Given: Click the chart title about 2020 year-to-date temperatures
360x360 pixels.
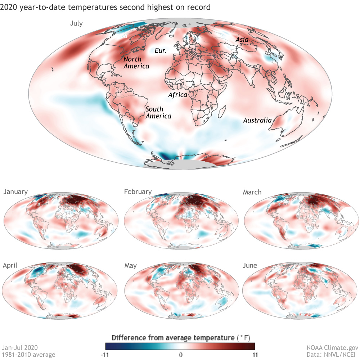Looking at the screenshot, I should [x=105, y=7].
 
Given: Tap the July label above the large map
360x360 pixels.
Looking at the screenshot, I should [x=76, y=24].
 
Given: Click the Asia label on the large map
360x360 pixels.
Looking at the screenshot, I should [x=242, y=40].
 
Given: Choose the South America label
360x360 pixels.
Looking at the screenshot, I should [x=158, y=112].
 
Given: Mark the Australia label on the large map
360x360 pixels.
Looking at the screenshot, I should [x=257, y=120].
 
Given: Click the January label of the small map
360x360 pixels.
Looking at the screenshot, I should [x=15, y=192].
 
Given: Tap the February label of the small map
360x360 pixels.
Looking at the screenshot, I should [x=138, y=192].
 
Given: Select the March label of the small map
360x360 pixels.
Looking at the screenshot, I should [x=252, y=192].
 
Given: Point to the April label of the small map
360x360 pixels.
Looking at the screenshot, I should [x=10, y=266].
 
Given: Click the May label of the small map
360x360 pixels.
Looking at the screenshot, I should [x=130, y=266].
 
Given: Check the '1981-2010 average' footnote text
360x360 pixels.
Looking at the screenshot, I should [x=29, y=355].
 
